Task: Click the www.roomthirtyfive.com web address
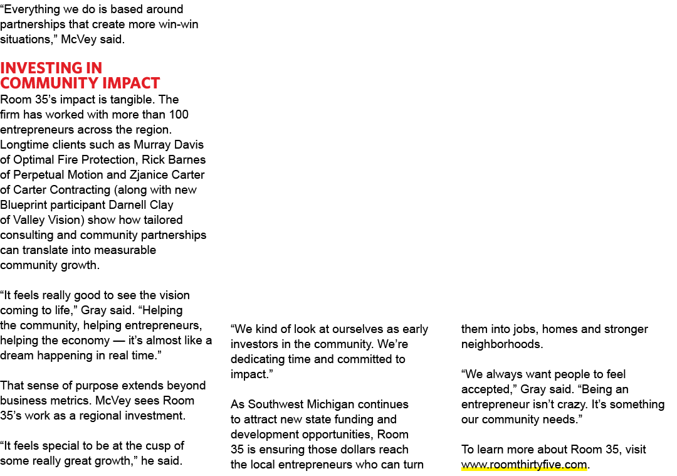coord(524,464)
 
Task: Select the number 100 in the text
coord(179,115)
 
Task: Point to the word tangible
coord(132,100)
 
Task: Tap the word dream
coord(17,356)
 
